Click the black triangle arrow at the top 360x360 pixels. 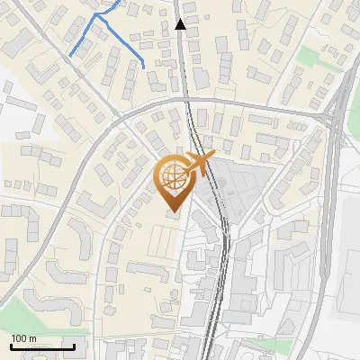pyautogui.click(x=181, y=24)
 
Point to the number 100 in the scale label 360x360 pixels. pyautogui.click(x=19, y=338)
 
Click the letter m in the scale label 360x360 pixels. pyautogui.click(x=32, y=338)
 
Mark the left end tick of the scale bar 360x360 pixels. pyautogui.click(x=10, y=346)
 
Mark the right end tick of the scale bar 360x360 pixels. pyautogui.click(x=73, y=346)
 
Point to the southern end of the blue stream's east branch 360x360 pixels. pyautogui.click(x=144, y=66)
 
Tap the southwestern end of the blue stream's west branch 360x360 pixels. pyautogui.click(x=71, y=56)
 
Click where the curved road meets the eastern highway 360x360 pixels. pyautogui.click(x=326, y=117)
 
